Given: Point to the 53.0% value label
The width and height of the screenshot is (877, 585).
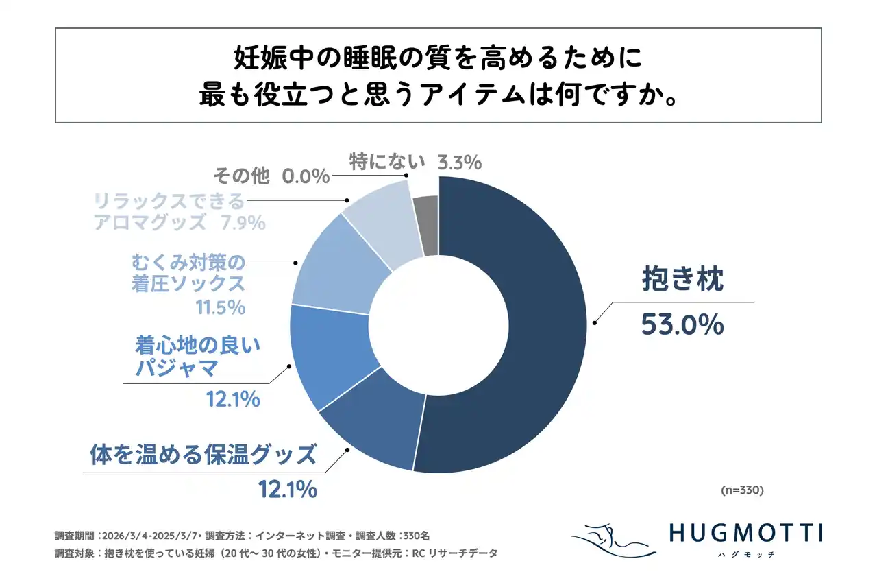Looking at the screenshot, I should pyautogui.click(x=682, y=324).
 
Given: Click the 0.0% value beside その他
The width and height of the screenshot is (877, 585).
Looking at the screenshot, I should pyautogui.click(x=306, y=178).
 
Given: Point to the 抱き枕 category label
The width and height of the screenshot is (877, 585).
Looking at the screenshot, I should pyautogui.click(x=682, y=280).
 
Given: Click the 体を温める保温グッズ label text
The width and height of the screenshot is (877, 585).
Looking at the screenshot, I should pyautogui.click(x=203, y=454).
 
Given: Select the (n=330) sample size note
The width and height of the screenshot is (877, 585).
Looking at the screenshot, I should pyautogui.click(x=743, y=491).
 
